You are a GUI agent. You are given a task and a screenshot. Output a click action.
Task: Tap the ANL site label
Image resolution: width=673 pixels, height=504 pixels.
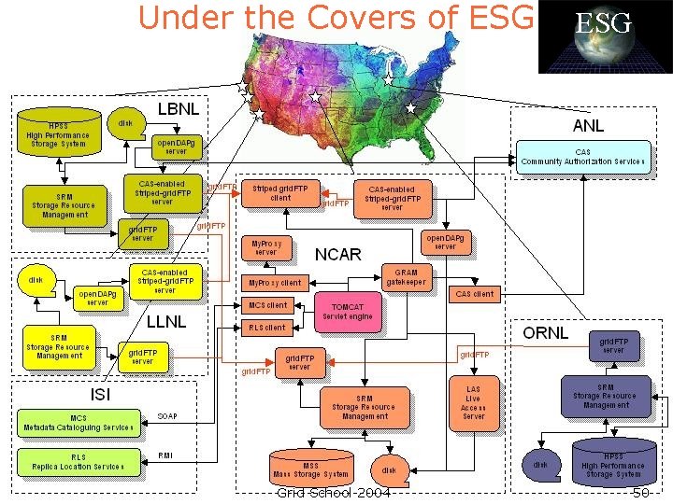click(x=588, y=125)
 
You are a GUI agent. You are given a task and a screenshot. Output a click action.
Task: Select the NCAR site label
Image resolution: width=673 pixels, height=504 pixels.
click(x=337, y=254)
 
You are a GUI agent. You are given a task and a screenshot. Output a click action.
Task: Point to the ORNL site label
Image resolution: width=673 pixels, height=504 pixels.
click(x=545, y=333)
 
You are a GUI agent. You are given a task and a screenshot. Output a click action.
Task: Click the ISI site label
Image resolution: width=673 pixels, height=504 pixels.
click(x=100, y=394)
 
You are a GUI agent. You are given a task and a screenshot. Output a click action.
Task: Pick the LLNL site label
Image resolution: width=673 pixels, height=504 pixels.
click(x=166, y=322)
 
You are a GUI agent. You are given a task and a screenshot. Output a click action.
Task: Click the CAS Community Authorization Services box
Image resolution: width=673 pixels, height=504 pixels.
click(x=582, y=157)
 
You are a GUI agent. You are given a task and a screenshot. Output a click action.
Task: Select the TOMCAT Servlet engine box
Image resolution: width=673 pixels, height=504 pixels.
click(x=348, y=312)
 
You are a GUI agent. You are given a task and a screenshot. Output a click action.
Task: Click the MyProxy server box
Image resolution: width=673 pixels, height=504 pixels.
click(x=266, y=247)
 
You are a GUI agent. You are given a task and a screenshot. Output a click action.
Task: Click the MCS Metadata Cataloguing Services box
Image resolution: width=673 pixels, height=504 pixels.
click(x=79, y=423)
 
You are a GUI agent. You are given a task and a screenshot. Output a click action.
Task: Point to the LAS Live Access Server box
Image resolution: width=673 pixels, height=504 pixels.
click(x=474, y=402)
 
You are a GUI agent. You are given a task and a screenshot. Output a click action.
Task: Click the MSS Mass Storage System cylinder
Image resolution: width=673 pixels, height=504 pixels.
click(x=311, y=469)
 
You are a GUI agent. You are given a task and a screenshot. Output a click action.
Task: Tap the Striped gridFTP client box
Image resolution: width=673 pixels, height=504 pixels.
click(x=280, y=192)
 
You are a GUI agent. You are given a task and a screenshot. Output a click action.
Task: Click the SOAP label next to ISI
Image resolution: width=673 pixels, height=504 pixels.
click(x=167, y=415)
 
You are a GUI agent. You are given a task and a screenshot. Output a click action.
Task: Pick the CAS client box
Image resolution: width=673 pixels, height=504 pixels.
click(x=474, y=293)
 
